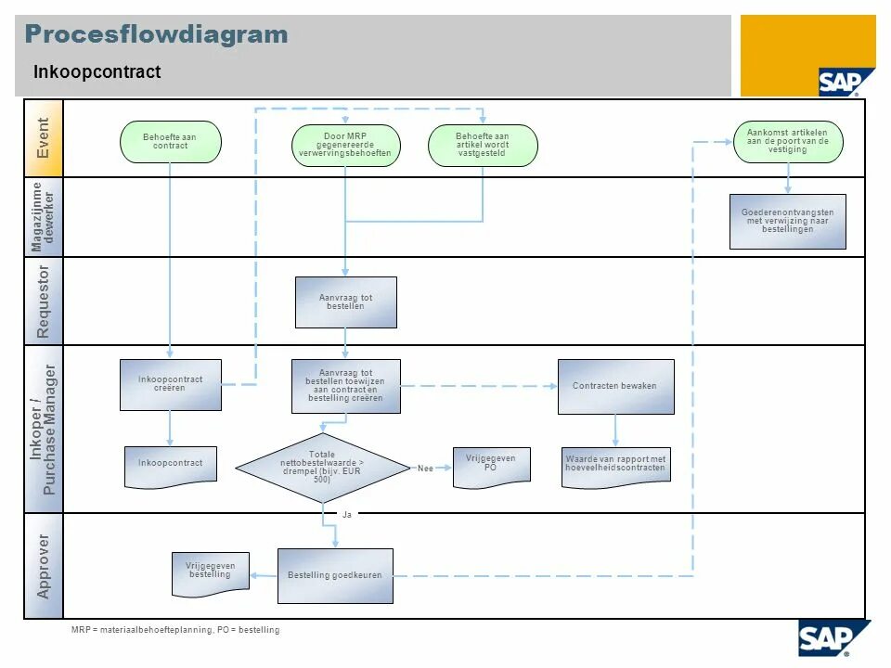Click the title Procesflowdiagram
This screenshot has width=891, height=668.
tap(156, 35)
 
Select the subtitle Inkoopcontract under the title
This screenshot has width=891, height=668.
tap(97, 71)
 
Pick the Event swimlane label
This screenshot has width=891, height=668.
tap(43, 138)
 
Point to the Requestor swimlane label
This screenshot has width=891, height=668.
tap(43, 301)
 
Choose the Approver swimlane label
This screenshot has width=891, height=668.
tap(43, 565)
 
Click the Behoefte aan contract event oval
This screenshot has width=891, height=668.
tap(171, 142)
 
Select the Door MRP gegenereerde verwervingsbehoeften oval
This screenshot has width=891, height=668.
tap(345, 147)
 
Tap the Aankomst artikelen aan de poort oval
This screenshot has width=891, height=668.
tap(788, 141)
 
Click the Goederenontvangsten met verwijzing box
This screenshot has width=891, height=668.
tap(787, 221)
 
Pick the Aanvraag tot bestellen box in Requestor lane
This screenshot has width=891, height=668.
tap(345, 302)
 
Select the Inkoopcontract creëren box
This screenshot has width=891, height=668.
tap(171, 384)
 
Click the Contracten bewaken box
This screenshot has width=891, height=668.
tap(615, 386)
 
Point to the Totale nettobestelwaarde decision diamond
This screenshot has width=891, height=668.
tap(322, 468)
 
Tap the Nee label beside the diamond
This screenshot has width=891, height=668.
tap(425, 469)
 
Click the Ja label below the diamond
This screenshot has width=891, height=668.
tap(347, 514)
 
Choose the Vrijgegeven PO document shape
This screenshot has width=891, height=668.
tap(491, 466)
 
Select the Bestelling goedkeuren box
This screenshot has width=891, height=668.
tap(335, 575)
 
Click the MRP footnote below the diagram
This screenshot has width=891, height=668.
tap(175, 630)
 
